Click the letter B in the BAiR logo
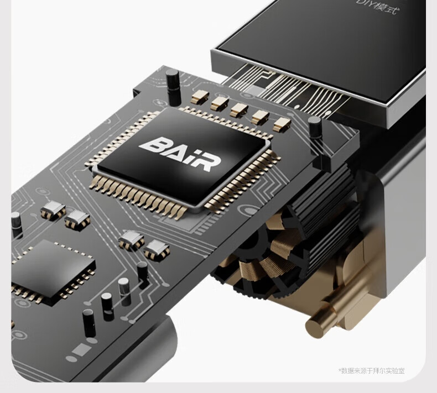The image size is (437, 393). [154, 145]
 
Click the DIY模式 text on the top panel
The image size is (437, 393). [378, 6]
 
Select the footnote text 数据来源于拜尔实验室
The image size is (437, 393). [373, 371]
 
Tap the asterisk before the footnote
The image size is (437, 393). [340, 370]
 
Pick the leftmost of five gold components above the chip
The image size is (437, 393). [200, 96]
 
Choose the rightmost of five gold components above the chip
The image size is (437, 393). [282, 124]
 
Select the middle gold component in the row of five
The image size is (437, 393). [239, 110]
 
